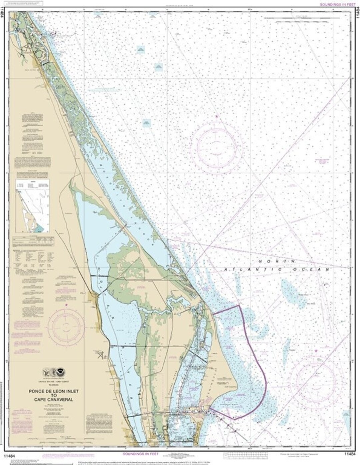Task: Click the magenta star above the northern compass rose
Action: point(217,116)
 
